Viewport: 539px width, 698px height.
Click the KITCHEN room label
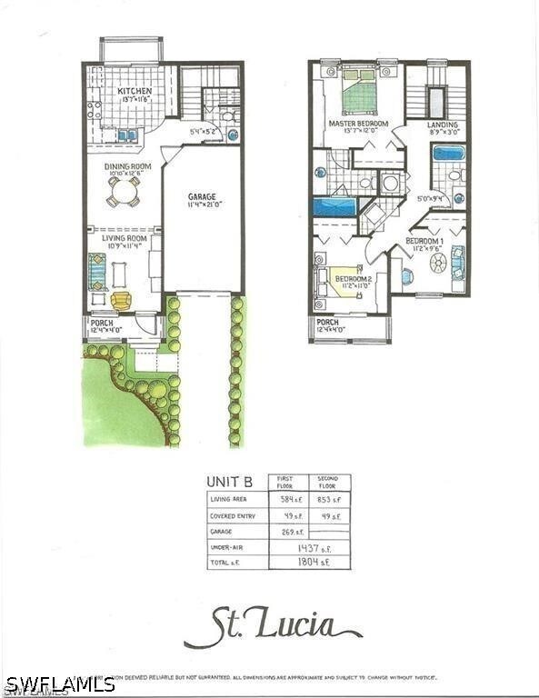point(134,92)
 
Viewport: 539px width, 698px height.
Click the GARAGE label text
point(202,196)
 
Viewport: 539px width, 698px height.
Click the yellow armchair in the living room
point(121,300)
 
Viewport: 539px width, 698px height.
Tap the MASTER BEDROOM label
point(358,124)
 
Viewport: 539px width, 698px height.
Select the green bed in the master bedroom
point(359,92)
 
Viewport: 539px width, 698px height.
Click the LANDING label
point(443,125)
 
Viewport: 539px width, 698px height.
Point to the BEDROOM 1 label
point(424,240)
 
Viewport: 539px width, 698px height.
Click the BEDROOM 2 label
point(354,279)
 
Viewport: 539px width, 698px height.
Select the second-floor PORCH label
point(327,323)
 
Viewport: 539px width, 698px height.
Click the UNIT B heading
point(228,483)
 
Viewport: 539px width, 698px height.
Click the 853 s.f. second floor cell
point(328,499)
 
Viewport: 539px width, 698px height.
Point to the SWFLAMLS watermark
point(58,683)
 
